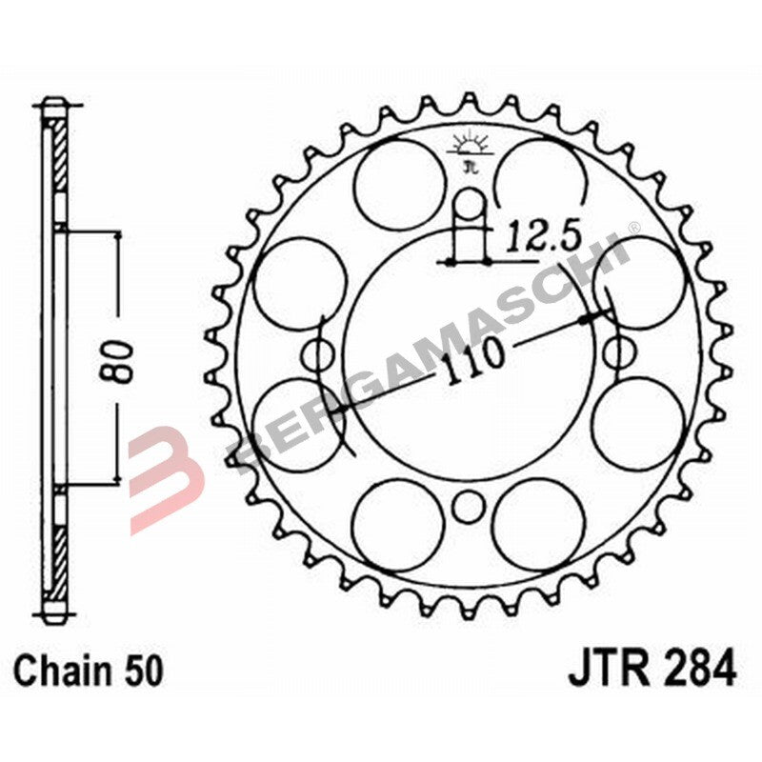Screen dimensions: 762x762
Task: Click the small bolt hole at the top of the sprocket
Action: (468, 203)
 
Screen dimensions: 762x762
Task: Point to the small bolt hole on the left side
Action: (314, 355)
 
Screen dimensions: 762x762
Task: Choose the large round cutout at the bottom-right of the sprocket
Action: (539, 524)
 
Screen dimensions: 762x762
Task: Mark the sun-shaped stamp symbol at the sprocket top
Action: (468, 149)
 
